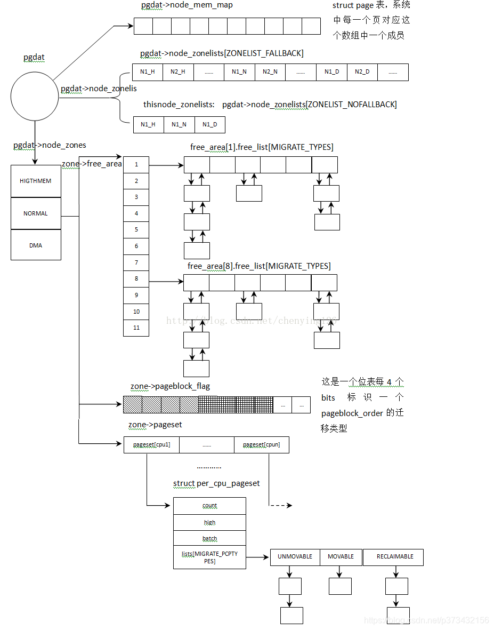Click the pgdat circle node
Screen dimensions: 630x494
coord(35,97)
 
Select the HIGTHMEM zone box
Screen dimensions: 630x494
coord(36,181)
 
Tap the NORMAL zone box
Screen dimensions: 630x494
coord(36,213)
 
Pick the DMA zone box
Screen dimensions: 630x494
coord(36,245)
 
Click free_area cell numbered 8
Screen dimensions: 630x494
coord(136,279)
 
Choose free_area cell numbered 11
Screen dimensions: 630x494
coord(136,328)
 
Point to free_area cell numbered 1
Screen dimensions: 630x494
coord(136,165)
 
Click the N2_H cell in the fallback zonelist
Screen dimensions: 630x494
coord(178,72)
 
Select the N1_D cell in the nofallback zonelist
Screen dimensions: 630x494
coord(209,125)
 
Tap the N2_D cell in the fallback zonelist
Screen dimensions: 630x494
coord(362,72)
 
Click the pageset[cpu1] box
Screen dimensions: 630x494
coord(152,445)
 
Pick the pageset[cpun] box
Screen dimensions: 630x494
coord(261,445)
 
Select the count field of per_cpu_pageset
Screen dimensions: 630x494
coord(210,506)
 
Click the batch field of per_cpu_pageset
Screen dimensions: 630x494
coord(210,539)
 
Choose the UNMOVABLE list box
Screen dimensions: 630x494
coord(295,557)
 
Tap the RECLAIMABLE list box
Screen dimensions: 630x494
coord(395,557)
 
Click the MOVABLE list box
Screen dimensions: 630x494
coord(341,557)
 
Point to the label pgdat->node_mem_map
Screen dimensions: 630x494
coord(187,5)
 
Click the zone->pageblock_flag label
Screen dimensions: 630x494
coord(170,386)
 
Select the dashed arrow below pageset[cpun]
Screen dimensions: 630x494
coord(280,505)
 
